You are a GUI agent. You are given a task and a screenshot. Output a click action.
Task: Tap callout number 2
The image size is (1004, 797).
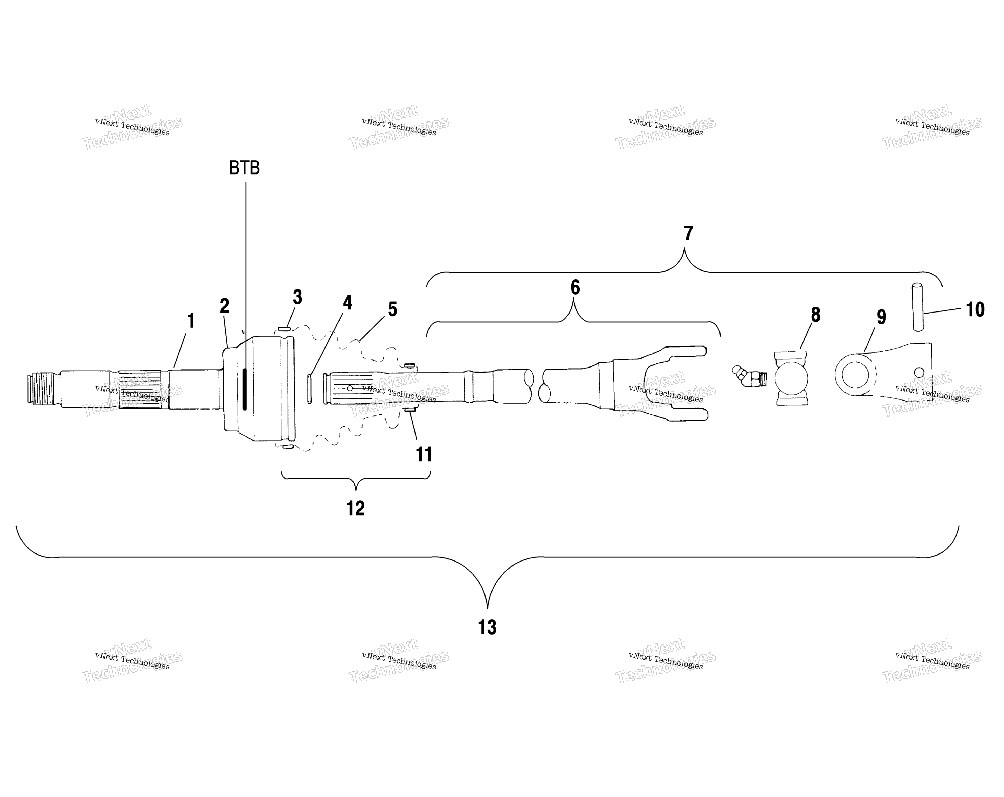tap(224, 306)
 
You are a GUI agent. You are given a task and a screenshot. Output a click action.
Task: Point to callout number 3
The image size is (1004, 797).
tap(297, 297)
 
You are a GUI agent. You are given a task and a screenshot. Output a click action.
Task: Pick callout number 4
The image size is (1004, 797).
tap(347, 303)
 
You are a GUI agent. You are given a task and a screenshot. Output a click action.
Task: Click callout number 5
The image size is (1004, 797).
tap(393, 309)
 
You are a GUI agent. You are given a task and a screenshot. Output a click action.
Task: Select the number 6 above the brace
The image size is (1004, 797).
tap(575, 287)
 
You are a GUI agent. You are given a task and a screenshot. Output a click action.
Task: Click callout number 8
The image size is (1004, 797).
tap(815, 314)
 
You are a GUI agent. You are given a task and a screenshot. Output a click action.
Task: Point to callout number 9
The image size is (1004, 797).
tap(882, 317)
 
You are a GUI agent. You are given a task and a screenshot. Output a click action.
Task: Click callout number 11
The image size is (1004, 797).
tap(424, 454)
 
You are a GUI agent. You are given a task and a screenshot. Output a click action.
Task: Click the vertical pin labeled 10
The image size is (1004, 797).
tap(917, 307)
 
